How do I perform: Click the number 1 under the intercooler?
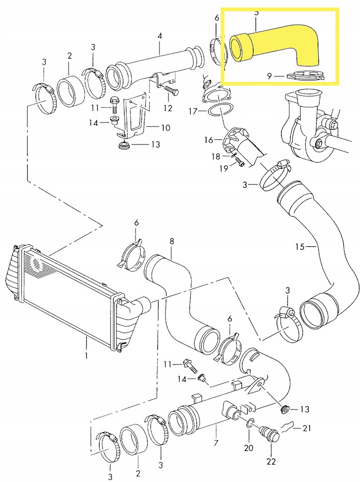pyautogui.click(x=87, y=356)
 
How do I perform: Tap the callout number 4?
pyautogui.click(x=160, y=35)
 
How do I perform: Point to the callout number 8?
pyautogui.click(x=172, y=241)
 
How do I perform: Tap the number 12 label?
pyautogui.click(x=168, y=108)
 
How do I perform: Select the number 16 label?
pyautogui.click(x=208, y=140)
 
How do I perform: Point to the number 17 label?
pyautogui.click(x=193, y=112)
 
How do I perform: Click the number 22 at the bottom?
pyautogui.click(x=271, y=462)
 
